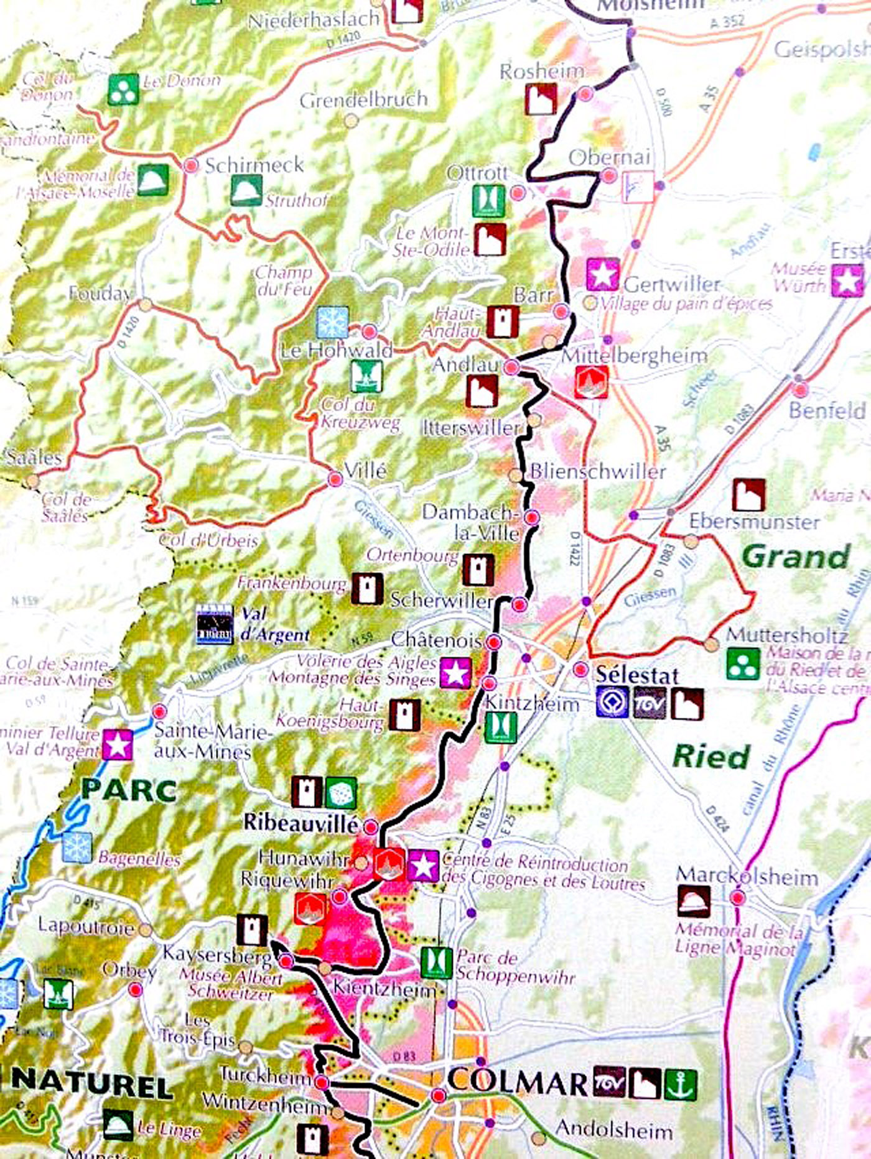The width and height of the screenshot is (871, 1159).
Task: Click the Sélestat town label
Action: tap(636, 675)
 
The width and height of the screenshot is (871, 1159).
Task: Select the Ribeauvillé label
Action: tap(301, 822)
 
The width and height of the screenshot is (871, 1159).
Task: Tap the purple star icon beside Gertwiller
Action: tap(603, 274)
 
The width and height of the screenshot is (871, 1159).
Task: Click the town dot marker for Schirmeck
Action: tap(191, 165)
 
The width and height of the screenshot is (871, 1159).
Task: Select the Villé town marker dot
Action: tap(335, 478)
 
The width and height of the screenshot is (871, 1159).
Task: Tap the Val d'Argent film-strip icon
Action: tap(215, 624)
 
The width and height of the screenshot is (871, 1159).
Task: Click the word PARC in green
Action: tap(129, 790)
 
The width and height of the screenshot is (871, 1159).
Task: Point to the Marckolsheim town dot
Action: tap(738, 897)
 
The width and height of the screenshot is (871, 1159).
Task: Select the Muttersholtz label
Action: tap(787, 635)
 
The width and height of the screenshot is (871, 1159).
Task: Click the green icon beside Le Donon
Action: tap(123, 89)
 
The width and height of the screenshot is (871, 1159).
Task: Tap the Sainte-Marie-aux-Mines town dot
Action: tap(160, 711)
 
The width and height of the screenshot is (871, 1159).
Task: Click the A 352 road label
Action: tap(726, 22)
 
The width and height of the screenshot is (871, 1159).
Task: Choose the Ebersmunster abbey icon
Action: tap(748, 494)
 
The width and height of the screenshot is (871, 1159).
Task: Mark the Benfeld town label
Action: tap(827, 410)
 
